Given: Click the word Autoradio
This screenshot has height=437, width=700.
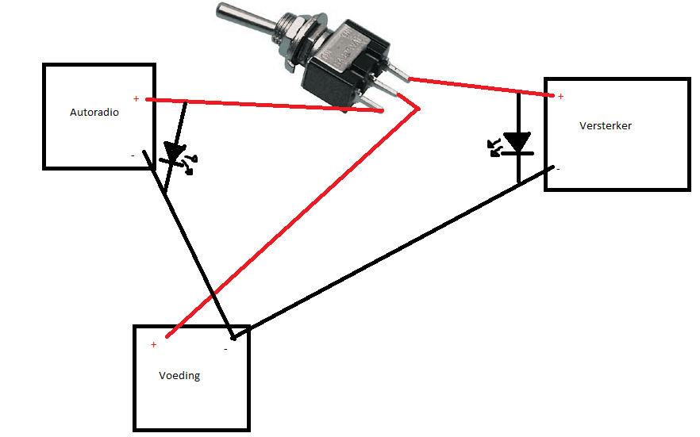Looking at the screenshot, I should (x=94, y=113).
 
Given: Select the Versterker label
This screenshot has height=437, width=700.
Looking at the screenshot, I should (x=606, y=125).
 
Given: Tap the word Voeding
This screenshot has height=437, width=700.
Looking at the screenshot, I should (x=179, y=375).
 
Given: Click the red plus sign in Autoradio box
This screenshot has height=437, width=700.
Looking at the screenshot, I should (x=137, y=98).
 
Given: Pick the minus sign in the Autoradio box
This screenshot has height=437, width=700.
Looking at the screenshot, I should (x=133, y=155).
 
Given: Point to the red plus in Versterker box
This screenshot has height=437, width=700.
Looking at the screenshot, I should (x=560, y=97).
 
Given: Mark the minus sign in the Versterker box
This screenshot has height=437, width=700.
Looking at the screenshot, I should (x=558, y=168).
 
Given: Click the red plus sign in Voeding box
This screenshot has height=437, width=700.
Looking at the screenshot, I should (x=153, y=345).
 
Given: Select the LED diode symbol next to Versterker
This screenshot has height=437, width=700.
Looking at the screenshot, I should (x=517, y=144).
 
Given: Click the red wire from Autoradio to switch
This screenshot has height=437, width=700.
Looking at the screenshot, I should (x=262, y=105).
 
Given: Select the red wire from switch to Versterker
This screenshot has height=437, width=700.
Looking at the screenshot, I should (x=476, y=86).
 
